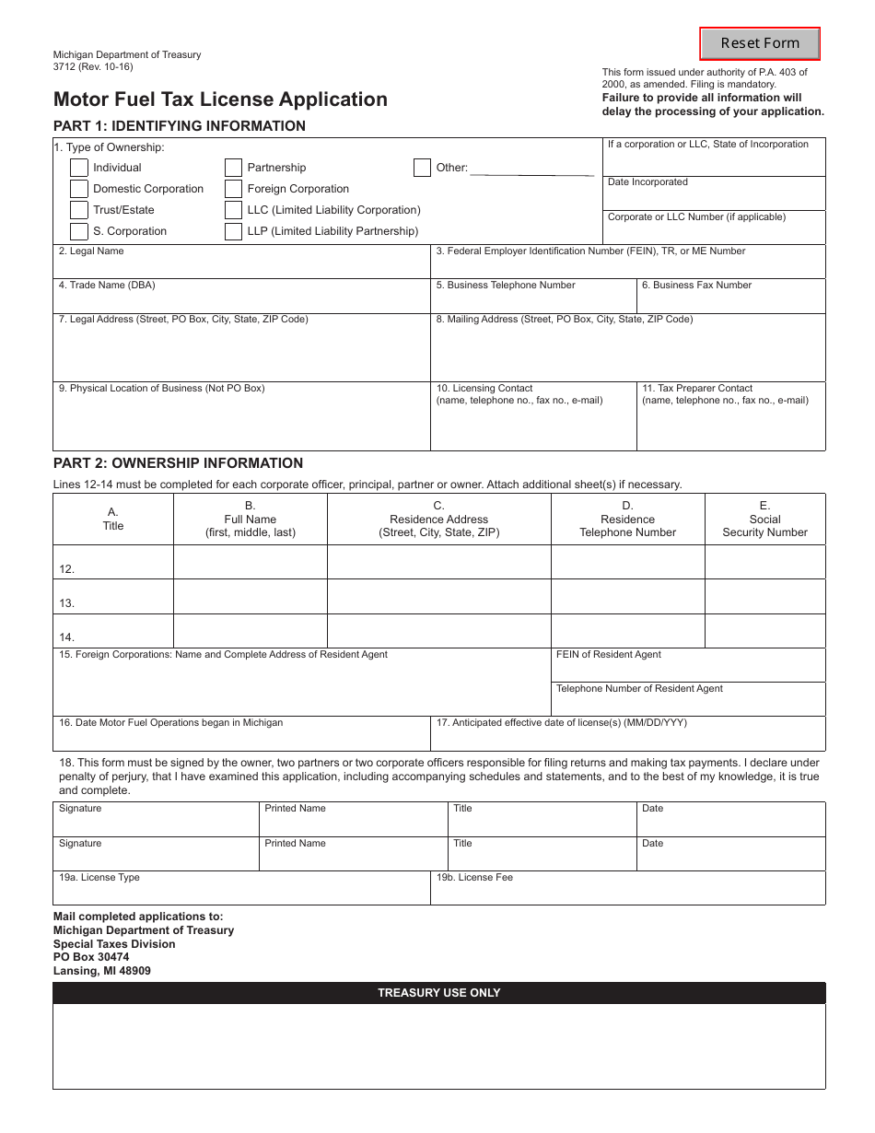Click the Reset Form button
point(760,43)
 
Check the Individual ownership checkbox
point(79,168)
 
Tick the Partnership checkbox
point(234,168)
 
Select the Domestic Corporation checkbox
point(79,189)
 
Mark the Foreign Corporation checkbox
point(234,189)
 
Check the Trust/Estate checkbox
point(79,210)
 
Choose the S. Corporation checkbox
point(79,231)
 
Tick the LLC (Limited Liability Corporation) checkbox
point(234,210)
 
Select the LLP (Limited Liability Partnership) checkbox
point(234,231)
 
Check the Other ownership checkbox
point(422,168)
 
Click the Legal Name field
point(241,265)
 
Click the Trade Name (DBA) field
point(241,300)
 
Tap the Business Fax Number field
point(731,300)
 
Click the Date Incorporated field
point(714,197)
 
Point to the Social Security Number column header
point(764,520)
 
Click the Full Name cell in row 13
point(250,597)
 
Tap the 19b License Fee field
point(628,892)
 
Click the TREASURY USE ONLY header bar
point(439,993)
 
